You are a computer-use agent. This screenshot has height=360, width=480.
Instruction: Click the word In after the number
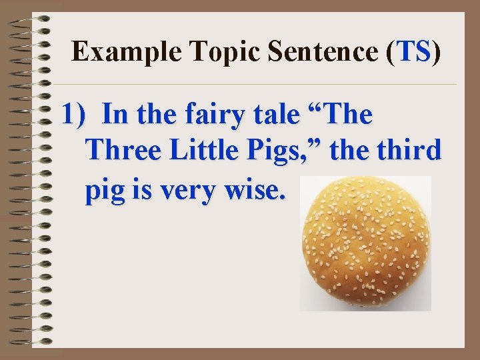pos(115,115)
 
